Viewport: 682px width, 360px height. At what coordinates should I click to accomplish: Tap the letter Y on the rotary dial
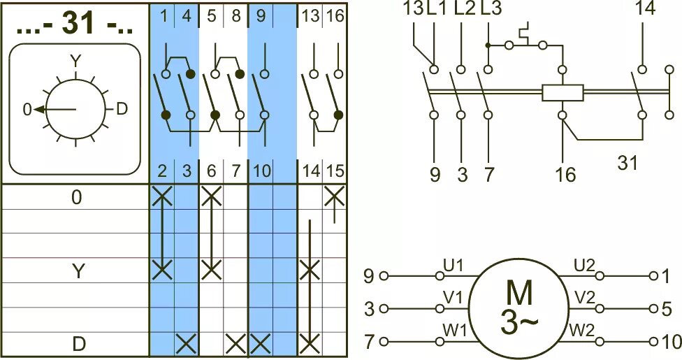point(75,62)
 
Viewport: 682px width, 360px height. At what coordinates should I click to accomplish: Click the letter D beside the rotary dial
point(122,108)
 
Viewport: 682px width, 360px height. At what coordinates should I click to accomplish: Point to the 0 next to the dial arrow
point(27,110)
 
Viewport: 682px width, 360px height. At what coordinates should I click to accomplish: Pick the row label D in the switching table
point(77,344)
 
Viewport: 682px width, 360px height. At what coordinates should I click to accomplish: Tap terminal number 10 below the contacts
point(261,170)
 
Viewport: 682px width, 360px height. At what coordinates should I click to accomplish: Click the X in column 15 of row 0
point(335,196)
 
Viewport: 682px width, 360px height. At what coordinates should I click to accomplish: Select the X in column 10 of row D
point(260,343)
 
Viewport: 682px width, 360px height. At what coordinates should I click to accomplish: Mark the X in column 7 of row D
point(236,343)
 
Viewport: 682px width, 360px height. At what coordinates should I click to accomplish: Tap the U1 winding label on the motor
point(453,266)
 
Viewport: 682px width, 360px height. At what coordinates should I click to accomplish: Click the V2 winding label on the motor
point(583,297)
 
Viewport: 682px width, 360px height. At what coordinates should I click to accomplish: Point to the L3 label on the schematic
point(491,9)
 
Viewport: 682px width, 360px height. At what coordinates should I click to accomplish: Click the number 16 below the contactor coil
point(565,174)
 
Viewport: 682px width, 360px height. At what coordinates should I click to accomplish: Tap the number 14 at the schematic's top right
point(646,9)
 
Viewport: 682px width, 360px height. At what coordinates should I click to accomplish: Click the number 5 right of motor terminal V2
point(667,309)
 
